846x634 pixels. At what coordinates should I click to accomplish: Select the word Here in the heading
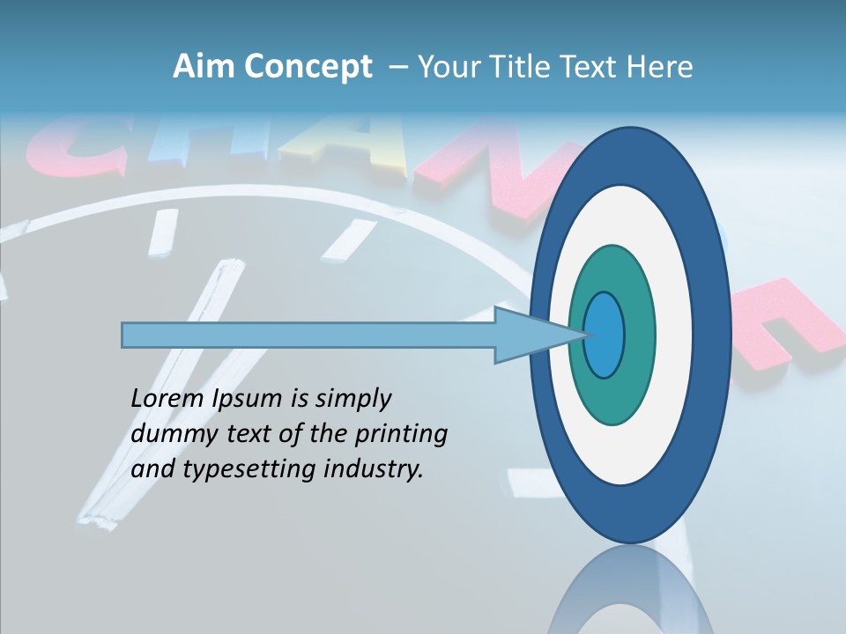[x=661, y=67]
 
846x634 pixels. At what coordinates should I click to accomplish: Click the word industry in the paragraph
[x=374, y=469]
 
